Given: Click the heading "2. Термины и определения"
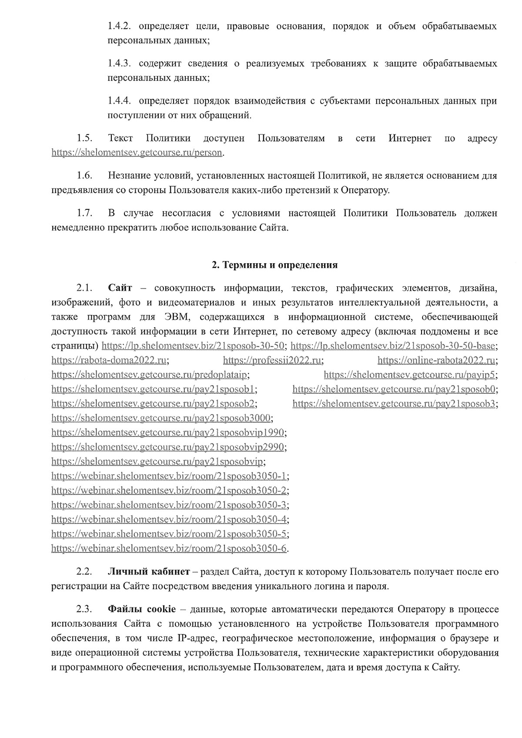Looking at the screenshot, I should point(274,265).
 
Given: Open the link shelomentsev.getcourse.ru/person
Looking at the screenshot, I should point(137,153).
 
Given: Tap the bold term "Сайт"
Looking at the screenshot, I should point(120,288).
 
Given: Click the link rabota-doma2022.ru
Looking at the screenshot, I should point(109,360).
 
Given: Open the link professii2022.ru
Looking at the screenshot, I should point(272,360).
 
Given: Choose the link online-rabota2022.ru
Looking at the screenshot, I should point(437,360).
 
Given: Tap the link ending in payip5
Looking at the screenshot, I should point(410,375).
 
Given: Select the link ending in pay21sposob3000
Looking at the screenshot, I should point(162,418).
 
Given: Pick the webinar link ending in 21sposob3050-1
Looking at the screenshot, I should point(169,476).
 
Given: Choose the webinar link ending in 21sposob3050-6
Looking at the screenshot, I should point(169,548).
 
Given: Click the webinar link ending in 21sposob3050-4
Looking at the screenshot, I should point(169,520).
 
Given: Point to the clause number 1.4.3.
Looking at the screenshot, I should point(120,64).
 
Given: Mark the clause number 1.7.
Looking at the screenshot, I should point(84,213).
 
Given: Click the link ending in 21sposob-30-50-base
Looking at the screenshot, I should point(393,346).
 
